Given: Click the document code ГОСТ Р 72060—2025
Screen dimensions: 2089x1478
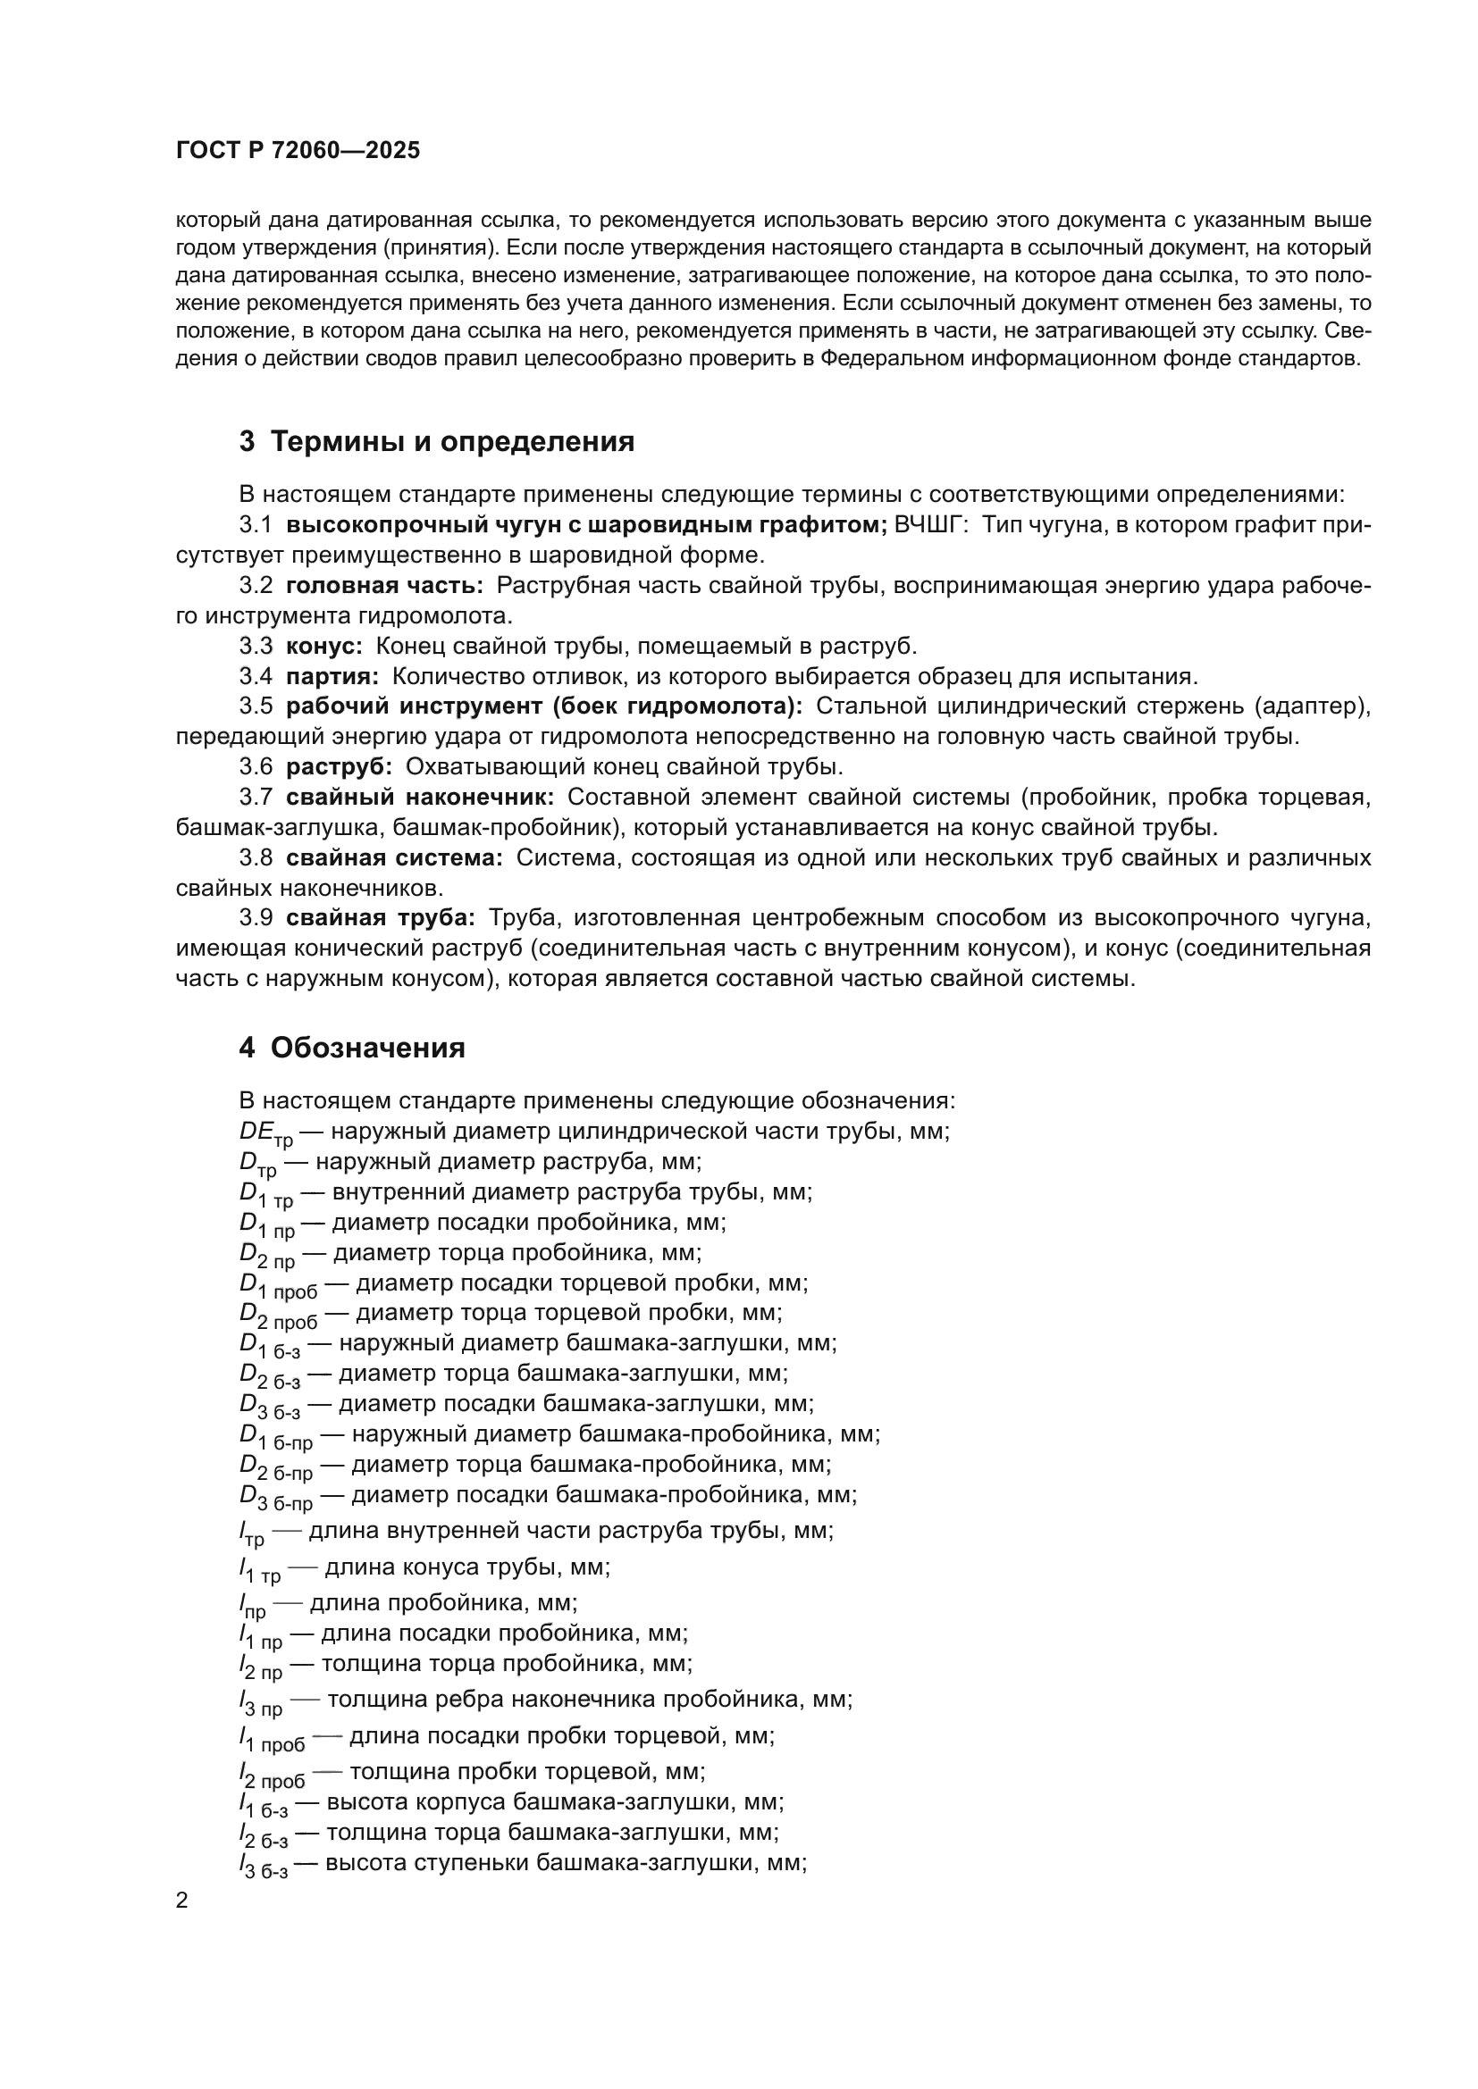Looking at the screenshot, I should click(298, 151).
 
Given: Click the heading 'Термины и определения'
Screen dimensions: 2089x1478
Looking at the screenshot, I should click(452, 441).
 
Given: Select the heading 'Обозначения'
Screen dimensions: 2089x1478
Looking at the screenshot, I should click(367, 1048).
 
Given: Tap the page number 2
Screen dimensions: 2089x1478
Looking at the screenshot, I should click(182, 1901).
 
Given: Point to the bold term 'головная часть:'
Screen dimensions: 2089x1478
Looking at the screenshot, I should click(384, 585).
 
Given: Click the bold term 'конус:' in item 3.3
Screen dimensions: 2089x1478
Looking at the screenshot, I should click(324, 646).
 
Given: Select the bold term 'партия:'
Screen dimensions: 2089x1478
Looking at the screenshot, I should click(332, 676).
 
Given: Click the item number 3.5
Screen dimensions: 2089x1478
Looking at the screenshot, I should click(256, 706).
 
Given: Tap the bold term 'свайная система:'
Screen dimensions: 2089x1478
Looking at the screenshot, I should click(394, 858).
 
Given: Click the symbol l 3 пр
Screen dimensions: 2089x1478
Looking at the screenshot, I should click(260, 1702).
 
